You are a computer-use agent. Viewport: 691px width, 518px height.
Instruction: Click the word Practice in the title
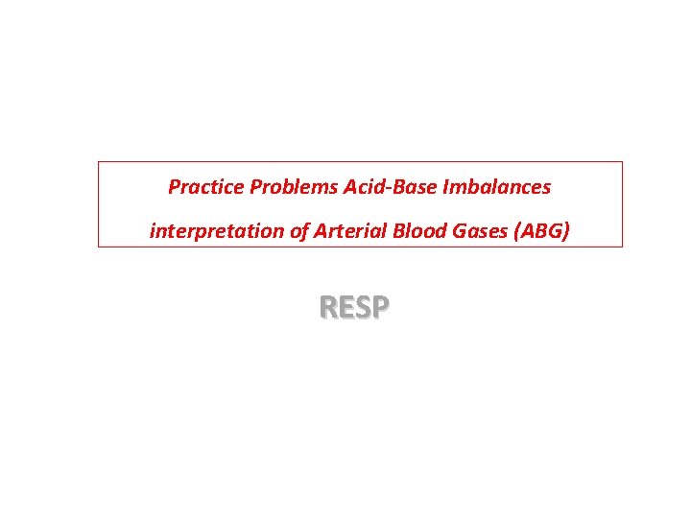[x=206, y=187]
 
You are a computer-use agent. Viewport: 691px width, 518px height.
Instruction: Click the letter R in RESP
[x=328, y=308]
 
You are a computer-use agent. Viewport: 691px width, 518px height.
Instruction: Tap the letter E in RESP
[x=346, y=308]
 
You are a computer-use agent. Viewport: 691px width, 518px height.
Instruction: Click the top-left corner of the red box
[x=98, y=161]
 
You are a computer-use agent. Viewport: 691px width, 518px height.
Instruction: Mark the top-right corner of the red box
[x=622, y=161]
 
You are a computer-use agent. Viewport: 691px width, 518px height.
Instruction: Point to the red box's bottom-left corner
[x=98, y=247]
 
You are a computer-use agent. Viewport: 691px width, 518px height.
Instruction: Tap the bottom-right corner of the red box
[x=622, y=247]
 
